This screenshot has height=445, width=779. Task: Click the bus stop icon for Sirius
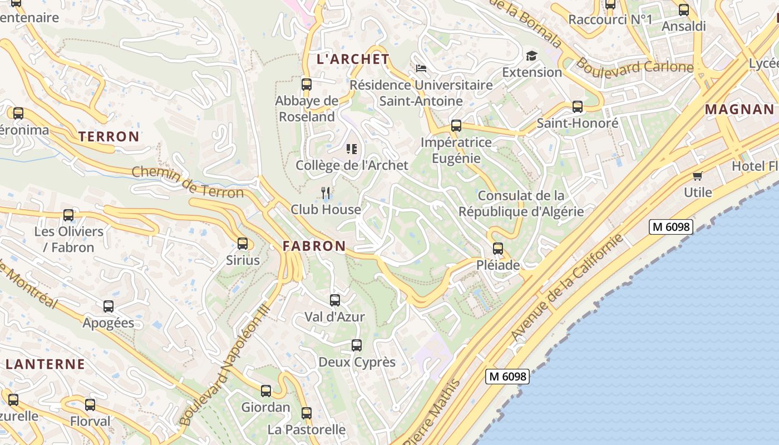coord(243,244)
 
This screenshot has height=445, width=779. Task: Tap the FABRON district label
coord(314,246)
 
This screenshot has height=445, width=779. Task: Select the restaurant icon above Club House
coord(326,193)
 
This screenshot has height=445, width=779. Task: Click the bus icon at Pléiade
coord(498,249)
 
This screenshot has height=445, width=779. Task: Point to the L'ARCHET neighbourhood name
coord(353,59)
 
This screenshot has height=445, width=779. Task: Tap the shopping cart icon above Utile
coord(697,176)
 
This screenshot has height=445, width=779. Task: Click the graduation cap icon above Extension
coord(531,56)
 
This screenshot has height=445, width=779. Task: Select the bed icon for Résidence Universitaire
coord(421,68)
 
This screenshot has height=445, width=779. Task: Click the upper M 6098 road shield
coord(670,227)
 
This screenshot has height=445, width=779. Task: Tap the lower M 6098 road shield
coord(507,377)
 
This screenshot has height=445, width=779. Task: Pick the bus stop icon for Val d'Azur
coord(335,300)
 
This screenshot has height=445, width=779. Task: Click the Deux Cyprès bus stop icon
coord(357,345)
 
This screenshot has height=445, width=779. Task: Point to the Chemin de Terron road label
coord(188,182)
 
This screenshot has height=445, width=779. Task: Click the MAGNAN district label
coord(739,110)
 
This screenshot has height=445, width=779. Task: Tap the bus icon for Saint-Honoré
coord(578,107)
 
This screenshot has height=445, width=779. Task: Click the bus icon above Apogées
coord(109,306)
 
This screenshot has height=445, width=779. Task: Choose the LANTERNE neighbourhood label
coord(46,365)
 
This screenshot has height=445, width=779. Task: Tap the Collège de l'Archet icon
coord(351,149)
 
